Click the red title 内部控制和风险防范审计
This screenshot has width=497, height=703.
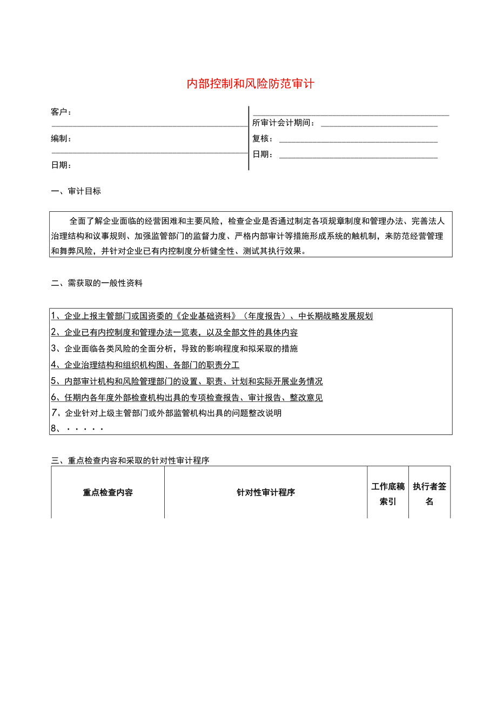point(250,84)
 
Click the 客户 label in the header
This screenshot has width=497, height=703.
point(61,112)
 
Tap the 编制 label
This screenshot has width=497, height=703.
point(61,138)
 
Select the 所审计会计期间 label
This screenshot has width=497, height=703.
point(284,123)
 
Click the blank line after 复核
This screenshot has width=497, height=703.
point(358,142)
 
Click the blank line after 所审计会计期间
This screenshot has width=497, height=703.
point(379,125)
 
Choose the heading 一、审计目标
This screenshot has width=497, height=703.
point(76,191)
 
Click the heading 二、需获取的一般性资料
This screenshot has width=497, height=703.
point(97,283)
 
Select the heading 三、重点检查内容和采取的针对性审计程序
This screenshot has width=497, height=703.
point(130,460)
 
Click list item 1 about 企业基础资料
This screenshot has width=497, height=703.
point(212,316)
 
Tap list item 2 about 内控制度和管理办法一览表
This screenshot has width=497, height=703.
point(174,332)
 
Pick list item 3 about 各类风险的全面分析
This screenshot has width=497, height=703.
point(174,349)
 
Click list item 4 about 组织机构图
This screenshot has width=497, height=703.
point(145,365)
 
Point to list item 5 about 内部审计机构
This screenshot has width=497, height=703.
point(187,381)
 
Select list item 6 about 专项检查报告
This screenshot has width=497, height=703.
point(187,397)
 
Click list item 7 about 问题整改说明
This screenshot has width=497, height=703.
point(166,413)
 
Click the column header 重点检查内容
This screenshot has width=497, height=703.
point(108,492)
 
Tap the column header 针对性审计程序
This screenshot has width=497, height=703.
point(266,492)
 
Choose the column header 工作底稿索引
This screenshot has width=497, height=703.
point(388,494)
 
